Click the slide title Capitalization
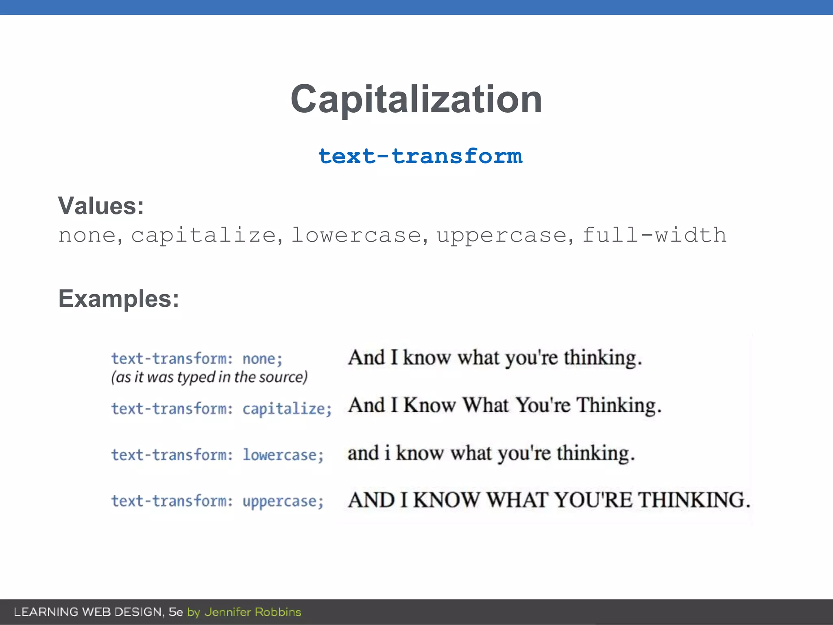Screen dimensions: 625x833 (x=416, y=99)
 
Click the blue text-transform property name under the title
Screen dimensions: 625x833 (x=420, y=157)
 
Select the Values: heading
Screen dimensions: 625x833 (x=101, y=206)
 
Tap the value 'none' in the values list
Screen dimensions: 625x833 (x=87, y=236)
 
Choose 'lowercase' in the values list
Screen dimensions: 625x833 (x=356, y=236)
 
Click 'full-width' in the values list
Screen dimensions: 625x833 (x=654, y=235)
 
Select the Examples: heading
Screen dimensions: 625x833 (x=119, y=299)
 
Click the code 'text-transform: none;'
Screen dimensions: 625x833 (x=197, y=359)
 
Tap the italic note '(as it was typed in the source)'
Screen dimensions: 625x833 (x=209, y=377)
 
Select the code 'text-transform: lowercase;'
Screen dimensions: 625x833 (x=218, y=455)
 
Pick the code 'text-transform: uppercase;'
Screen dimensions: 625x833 (x=218, y=501)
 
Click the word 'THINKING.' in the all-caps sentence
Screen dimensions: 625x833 (x=694, y=500)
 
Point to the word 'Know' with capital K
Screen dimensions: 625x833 (x=430, y=406)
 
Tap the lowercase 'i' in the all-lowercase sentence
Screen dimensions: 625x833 (x=387, y=453)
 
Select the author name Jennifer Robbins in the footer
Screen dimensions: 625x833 (x=253, y=612)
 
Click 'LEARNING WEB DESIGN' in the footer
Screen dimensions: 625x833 (x=89, y=612)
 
